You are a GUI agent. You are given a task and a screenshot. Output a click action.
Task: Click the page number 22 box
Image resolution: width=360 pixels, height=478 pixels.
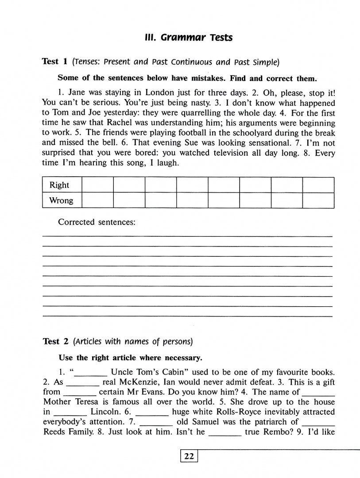(x=189, y=457)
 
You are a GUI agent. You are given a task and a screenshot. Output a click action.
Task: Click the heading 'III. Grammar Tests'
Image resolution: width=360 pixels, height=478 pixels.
(x=188, y=37)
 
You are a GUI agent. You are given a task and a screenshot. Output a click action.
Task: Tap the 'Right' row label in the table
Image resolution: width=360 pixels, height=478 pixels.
(x=59, y=185)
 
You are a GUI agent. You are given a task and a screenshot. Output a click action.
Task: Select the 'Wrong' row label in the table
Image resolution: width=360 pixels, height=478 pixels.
(x=61, y=200)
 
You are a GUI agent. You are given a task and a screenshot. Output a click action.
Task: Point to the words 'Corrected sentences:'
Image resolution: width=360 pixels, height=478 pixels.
(x=97, y=222)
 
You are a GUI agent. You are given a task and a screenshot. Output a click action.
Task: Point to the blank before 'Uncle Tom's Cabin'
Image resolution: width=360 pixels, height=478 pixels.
(x=93, y=373)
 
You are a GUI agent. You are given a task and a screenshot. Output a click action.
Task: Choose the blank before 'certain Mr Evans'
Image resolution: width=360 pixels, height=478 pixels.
(x=80, y=392)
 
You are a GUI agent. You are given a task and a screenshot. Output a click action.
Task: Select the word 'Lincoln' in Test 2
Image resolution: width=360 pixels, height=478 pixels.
(x=106, y=412)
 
